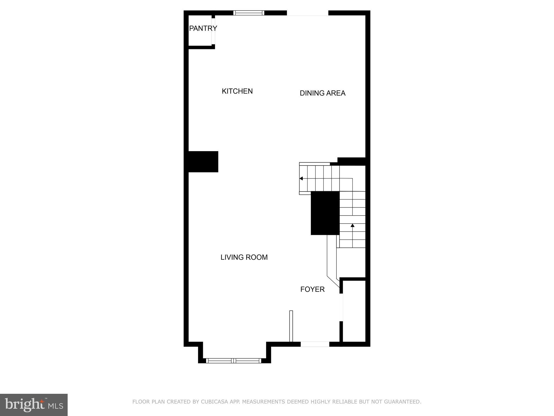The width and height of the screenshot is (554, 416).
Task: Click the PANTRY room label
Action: click(x=203, y=28)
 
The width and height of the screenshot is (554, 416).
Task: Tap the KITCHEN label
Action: click(x=237, y=91)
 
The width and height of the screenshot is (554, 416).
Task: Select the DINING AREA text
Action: click(x=322, y=93)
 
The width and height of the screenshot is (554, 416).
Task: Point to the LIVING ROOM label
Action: click(x=244, y=257)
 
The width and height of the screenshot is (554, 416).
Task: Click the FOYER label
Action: click(x=312, y=289)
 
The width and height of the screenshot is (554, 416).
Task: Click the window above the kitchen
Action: click(x=249, y=13)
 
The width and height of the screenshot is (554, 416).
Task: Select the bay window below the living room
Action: click(x=233, y=360)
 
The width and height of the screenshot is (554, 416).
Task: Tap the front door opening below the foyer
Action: click(x=315, y=344)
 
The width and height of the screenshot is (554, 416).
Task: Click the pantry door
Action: click(x=213, y=31)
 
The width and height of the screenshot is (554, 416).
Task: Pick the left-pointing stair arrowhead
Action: click(x=301, y=178)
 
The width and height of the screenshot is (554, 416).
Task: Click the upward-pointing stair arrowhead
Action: click(x=352, y=225)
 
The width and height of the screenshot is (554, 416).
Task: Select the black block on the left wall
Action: click(x=203, y=162)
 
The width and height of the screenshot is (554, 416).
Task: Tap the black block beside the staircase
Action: click(x=325, y=213)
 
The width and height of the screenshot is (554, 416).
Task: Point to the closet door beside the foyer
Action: click(x=341, y=307)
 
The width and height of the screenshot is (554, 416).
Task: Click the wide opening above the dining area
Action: click(x=308, y=13)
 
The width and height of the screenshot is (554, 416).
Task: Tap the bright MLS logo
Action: click(x=34, y=405)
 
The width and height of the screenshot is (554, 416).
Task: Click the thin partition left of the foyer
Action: click(x=291, y=326)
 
